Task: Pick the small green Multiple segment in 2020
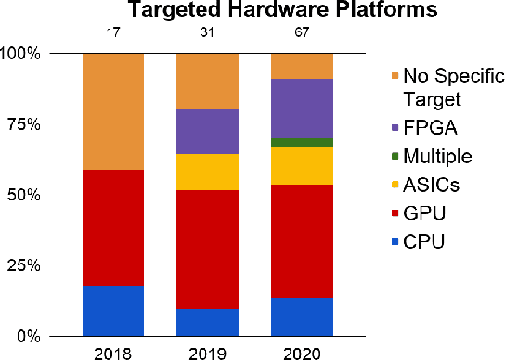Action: coord(302,142)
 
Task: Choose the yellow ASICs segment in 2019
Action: coord(208,172)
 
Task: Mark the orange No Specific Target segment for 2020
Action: coord(302,66)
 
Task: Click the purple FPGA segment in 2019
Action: coord(208,131)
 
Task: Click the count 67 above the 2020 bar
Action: coord(302,34)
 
